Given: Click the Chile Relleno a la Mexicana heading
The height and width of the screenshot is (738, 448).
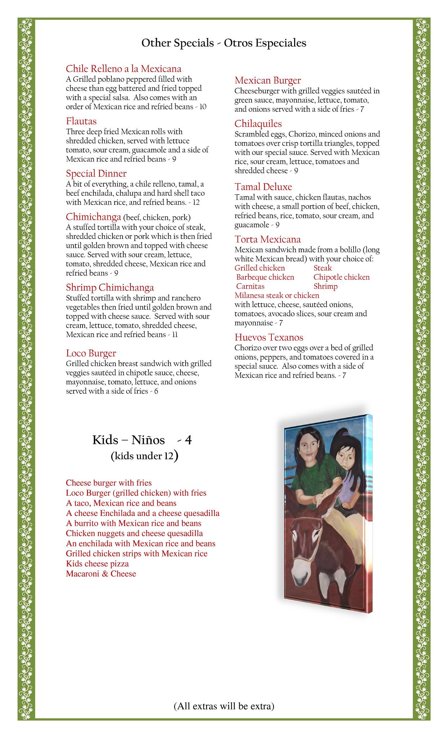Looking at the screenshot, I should (123, 69).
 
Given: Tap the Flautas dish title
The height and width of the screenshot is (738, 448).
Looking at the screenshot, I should (81, 121).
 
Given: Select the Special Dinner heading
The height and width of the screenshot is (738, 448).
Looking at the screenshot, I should (96, 174).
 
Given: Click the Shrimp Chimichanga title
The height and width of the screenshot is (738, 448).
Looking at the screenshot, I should (110, 288).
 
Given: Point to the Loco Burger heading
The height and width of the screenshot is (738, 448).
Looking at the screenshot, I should (91, 353).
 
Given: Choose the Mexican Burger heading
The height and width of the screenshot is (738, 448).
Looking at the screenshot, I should (267, 80).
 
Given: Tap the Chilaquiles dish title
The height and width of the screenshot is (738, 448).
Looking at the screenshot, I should (258, 124).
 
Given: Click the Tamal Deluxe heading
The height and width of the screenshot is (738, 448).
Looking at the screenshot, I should (263, 187).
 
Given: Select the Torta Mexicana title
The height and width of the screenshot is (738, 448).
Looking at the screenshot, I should (267, 240).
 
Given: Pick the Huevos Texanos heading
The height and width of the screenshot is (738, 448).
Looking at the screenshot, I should (269, 338).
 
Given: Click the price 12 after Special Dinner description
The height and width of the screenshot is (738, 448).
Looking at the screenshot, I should (196, 203).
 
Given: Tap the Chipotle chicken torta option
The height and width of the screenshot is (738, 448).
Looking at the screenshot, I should (341, 277).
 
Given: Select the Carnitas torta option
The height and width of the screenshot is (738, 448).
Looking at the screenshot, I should (250, 286).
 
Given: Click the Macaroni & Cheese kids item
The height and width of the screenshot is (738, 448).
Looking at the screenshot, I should (101, 574).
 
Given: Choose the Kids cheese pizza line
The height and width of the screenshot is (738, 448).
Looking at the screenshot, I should (97, 564).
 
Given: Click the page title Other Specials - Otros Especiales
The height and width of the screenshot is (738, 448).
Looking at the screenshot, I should (224, 43).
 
